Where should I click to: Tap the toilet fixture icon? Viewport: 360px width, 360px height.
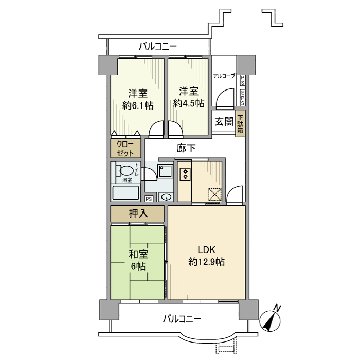pyautogui.click(x=123, y=170)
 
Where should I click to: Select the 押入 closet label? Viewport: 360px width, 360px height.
pyautogui.click(x=137, y=213)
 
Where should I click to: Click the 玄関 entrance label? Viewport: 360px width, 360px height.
pyautogui.click(x=224, y=122)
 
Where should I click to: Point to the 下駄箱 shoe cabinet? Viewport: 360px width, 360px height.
pyautogui.click(x=240, y=123)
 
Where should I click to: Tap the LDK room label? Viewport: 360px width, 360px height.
pyautogui.click(x=206, y=250)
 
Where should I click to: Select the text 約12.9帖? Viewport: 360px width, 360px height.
pyautogui.click(x=206, y=262)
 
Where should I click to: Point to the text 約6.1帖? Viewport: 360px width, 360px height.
pyautogui.click(x=138, y=105)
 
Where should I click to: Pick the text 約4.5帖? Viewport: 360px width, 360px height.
pyautogui.click(x=189, y=103)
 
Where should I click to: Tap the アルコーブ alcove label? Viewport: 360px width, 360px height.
pyautogui.click(x=224, y=76)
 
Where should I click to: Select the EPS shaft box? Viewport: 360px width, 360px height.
pyautogui.click(x=242, y=96)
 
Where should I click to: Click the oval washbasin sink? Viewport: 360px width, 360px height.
pyautogui.click(x=166, y=196)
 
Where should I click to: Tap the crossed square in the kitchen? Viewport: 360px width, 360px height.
pyautogui.click(x=214, y=195)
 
